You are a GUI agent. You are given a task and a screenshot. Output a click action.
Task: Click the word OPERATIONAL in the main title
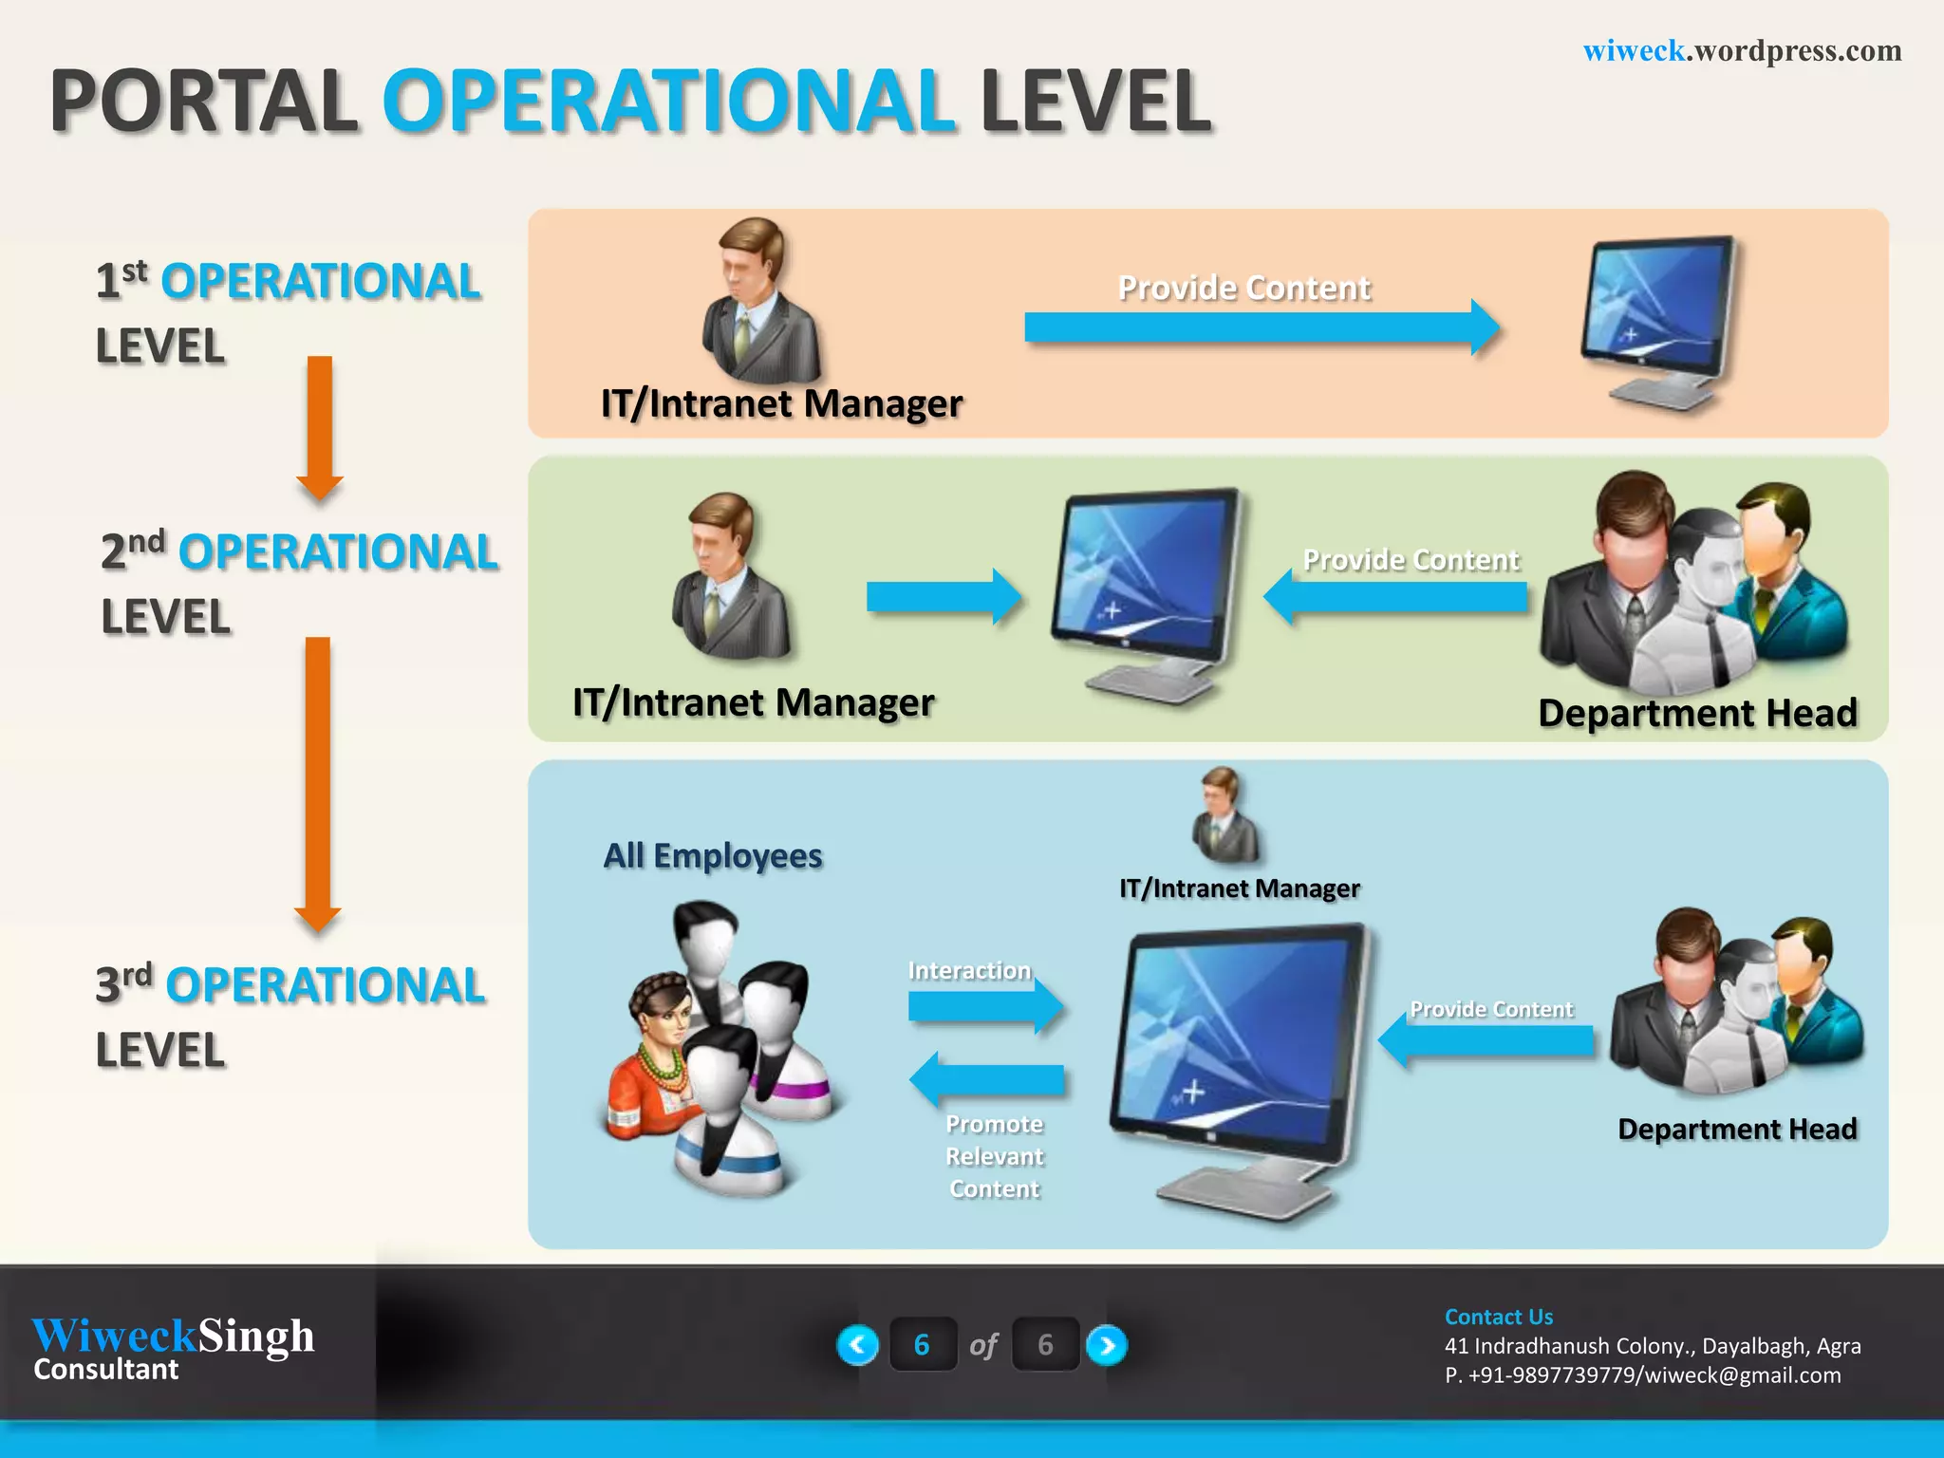668,102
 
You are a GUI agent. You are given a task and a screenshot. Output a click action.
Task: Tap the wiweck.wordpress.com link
1742,50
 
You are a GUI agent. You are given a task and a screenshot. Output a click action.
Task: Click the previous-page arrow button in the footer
857,1345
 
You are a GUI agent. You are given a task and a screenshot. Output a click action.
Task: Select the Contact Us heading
1498,1317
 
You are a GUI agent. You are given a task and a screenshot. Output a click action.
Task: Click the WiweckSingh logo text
173,1336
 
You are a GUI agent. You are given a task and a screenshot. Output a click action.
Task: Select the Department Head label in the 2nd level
1697,713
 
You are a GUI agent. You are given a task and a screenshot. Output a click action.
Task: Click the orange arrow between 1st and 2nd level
320,427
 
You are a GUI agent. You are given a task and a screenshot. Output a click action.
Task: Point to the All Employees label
713,856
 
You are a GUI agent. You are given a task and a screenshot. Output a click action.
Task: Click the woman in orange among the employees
655,1054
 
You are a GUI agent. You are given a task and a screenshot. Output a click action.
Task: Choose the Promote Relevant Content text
994,1156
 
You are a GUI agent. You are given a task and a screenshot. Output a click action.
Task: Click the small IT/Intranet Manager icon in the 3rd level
1225,816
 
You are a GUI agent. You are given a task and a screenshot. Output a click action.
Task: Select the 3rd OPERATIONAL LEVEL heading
290,1016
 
